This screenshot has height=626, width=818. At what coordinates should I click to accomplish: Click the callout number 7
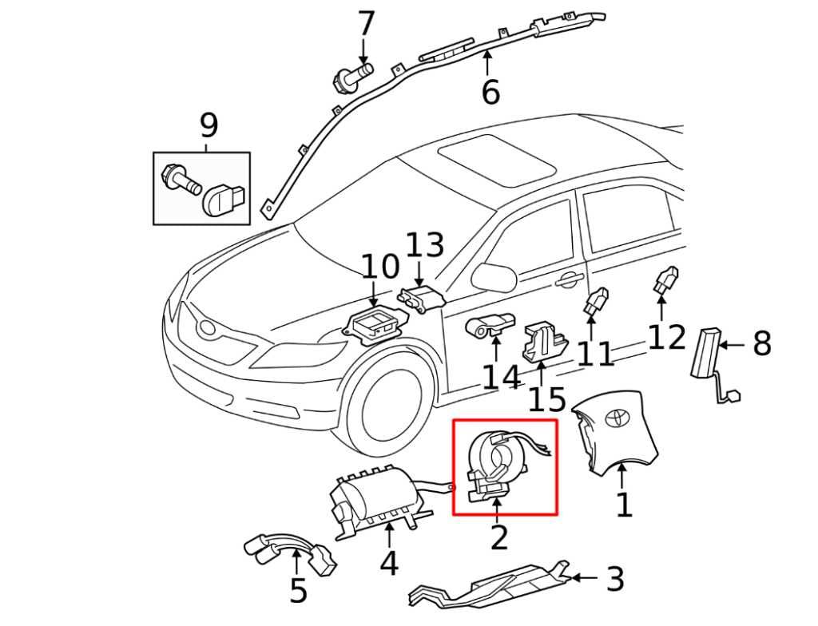pyautogui.click(x=366, y=24)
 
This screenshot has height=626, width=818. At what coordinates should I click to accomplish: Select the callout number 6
pyautogui.click(x=490, y=93)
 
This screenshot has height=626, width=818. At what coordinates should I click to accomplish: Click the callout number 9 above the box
pyautogui.click(x=208, y=126)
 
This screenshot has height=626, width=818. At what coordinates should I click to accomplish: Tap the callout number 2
pyautogui.click(x=499, y=537)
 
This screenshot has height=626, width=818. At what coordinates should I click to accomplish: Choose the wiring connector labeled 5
pyautogui.click(x=292, y=553)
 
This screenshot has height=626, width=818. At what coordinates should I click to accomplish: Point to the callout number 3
pyautogui.click(x=614, y=580)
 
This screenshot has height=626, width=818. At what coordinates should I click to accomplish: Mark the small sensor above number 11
pyautogui.click(x=596, y=302)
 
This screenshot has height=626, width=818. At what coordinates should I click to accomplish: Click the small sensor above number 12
pyautogui.click(x=666, y=280)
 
